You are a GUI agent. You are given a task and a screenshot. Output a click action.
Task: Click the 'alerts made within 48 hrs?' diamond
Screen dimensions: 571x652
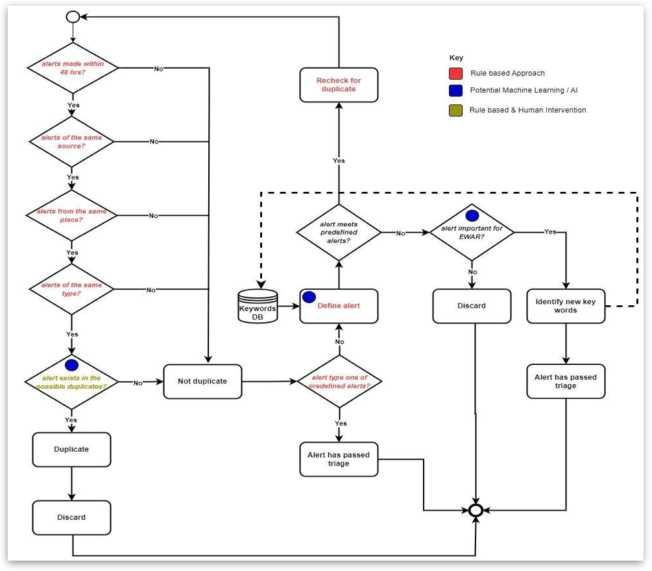click(x=73, y=68)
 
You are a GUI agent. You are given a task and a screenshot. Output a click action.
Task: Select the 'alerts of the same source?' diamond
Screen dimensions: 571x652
click(x=73, y=141)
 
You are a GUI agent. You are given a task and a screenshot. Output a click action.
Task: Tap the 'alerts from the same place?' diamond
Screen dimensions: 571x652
click(x=73, y=215)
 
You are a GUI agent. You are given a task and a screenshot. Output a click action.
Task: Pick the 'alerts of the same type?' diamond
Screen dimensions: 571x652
click(x=73, y=289)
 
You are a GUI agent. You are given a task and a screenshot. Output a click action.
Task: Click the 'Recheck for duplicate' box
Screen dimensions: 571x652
click(x=339, y=84)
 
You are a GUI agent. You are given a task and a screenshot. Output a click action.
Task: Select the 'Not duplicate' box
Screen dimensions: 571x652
click(x=202, y=381)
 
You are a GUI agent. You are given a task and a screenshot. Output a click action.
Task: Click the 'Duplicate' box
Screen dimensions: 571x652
click(x=71, y=449)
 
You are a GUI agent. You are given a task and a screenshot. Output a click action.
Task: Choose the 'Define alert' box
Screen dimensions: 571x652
click(x=339, y=306)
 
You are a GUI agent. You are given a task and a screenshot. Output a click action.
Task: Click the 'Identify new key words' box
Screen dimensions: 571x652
click(x=566, y=306)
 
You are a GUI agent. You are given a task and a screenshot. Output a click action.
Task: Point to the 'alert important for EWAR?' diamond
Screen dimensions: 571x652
click(x=472, y=232)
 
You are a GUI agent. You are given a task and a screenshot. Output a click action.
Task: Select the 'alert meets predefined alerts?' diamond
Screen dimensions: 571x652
click(x=339, y=232)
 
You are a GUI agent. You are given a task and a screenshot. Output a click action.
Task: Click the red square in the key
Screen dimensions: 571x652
click(x=456, y=73)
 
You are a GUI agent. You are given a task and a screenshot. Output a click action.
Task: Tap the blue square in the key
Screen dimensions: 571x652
click(x=456, y=91)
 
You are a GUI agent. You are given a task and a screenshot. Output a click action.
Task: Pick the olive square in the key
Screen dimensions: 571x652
click(x=456, y=110)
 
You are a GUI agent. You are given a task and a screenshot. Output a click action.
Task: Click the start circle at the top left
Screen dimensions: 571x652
click(x=73, y=17)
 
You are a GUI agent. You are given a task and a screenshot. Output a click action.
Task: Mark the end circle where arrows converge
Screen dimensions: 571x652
click(x=477, y=510)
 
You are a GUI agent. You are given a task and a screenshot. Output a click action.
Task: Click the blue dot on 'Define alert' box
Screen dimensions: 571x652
click(x=309, y=297)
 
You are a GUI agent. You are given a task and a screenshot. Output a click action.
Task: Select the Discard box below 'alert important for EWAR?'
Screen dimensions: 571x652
click(x=472, y=306)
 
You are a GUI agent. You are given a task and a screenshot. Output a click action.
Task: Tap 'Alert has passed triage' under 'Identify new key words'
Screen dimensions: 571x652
click(x=566, y=381)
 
